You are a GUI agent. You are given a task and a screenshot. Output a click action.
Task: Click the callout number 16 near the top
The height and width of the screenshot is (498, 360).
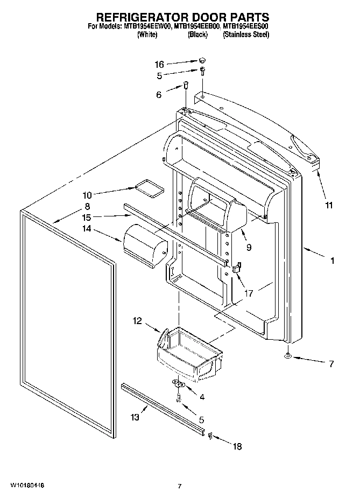point(159,64)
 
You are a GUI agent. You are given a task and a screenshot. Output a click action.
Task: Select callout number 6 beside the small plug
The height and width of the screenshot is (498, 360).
point(159,94)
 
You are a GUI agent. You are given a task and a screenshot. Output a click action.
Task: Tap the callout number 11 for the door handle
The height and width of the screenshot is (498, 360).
point(329,205)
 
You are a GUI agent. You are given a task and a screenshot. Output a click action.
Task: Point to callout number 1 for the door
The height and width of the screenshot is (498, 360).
point(332,261)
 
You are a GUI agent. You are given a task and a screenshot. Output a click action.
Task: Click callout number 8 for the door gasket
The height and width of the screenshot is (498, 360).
point(87,206)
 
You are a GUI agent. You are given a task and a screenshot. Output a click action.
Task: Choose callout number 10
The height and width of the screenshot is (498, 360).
point(87,195)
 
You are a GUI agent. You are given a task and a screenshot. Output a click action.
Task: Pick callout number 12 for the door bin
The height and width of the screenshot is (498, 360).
point(137,321)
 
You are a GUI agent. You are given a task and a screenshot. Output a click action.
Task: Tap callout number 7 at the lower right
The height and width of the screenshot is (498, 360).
point(331,364)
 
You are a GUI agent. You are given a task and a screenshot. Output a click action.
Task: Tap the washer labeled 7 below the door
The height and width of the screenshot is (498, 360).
point(289,356)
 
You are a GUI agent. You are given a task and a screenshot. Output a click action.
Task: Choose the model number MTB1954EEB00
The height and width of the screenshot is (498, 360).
point(197,26)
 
